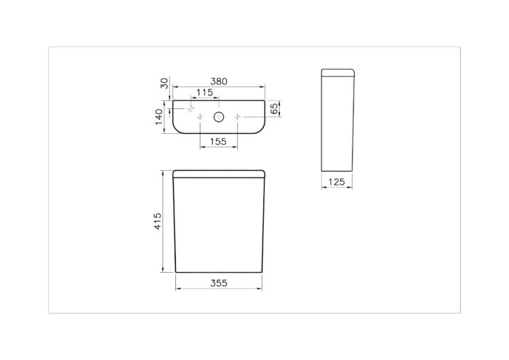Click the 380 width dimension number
tap(219, 81)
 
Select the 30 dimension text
tap(164, 84)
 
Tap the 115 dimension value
tap(204, 93)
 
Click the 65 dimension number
tap(274, 109)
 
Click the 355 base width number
tap(219, 283)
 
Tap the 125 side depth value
tap(336, 182)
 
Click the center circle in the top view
tap(219, 117)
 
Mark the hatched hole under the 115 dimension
tap(191, 108)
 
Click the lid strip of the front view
tap(219, 174)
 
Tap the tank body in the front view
tap(219, 225)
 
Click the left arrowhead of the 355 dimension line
tap(177, 289)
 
